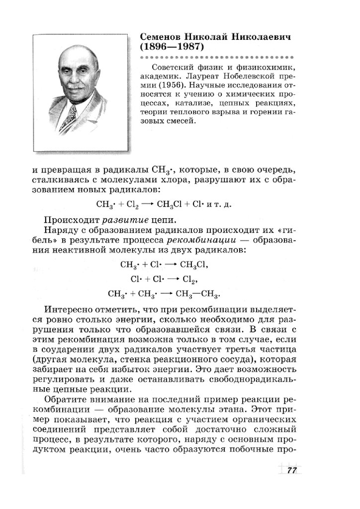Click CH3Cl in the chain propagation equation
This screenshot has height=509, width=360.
click(172, 205)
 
